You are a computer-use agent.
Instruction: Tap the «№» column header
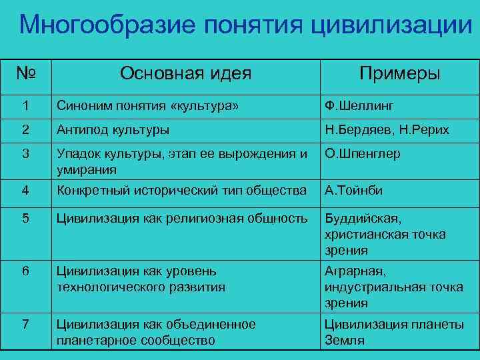pos(26,73)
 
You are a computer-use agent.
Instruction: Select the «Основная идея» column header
pos(186,73)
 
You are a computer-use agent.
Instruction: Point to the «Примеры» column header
pos(399,73)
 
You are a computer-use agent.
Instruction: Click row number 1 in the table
pos(25,105)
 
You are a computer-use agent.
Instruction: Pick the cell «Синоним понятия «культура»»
pos(148,105)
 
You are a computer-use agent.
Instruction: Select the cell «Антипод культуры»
pos(113,129)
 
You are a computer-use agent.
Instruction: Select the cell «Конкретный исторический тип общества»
pos(181,191)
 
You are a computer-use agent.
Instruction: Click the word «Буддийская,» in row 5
pos(365,219)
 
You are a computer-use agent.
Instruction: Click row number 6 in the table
pos(25,272)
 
